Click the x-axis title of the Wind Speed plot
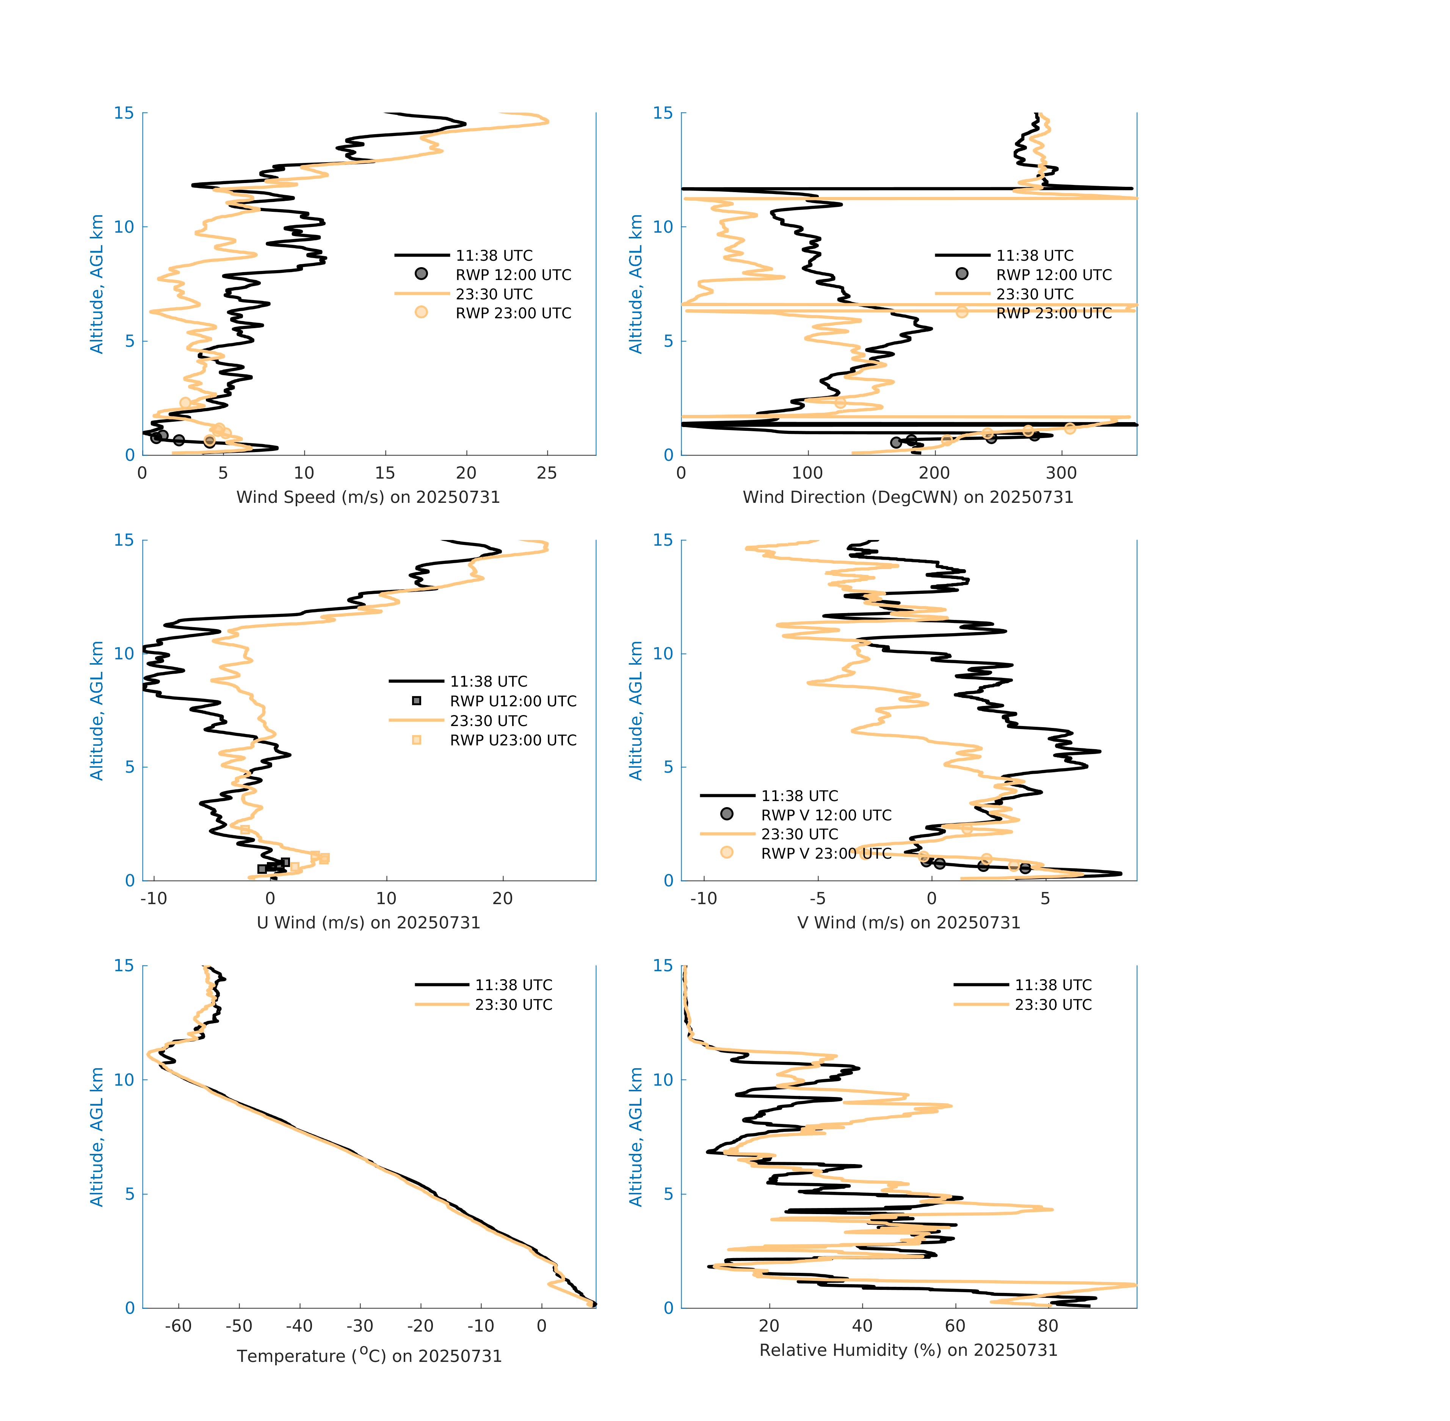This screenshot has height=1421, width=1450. (368, 497)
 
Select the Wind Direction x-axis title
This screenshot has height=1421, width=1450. (908, 497)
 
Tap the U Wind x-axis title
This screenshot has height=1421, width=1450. (368, 922)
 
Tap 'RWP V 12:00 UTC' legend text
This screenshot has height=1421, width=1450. (826, 815)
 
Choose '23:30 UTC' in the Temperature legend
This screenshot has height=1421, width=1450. (514, 1005)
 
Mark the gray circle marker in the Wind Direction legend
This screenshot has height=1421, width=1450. (962, 274)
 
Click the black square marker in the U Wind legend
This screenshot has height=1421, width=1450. (417, 701)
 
